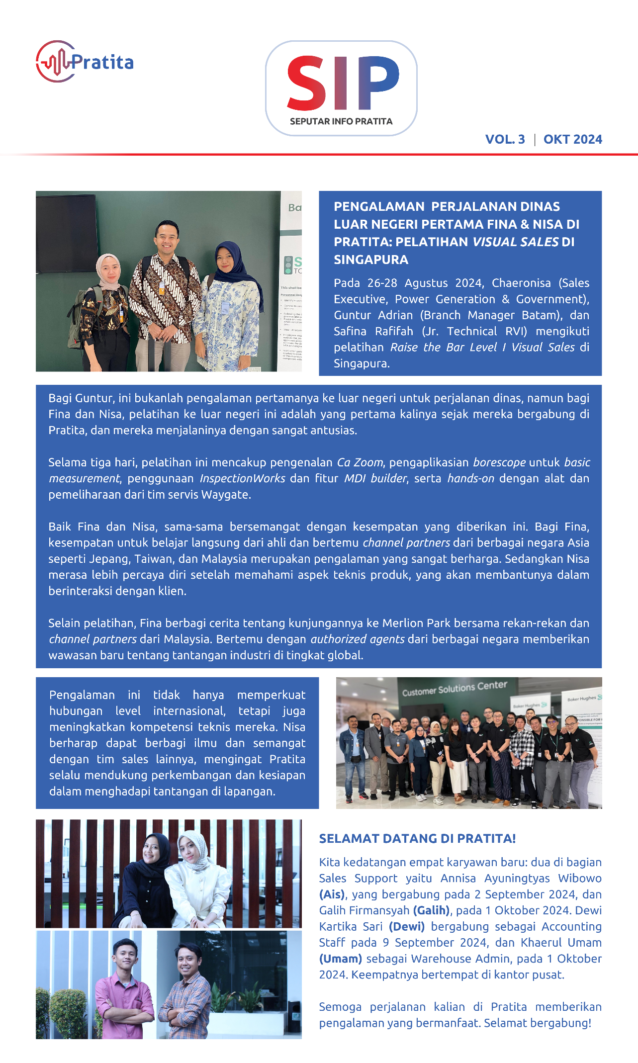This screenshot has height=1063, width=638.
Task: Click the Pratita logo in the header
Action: (85, 62)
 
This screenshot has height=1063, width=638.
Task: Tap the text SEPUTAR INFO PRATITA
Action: (341, 121)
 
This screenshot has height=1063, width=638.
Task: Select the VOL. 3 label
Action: (505, 139)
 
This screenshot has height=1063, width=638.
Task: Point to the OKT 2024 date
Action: (572, 139)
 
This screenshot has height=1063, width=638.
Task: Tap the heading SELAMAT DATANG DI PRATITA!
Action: (417, 838)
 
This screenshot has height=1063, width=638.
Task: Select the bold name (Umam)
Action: (340, 959)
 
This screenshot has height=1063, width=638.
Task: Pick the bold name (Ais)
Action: (332, 894)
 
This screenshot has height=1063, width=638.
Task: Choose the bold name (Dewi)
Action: (407, 926)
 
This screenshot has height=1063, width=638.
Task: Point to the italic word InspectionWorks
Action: (242, 478)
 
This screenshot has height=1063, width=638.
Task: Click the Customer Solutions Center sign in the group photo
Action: (455, 689)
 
